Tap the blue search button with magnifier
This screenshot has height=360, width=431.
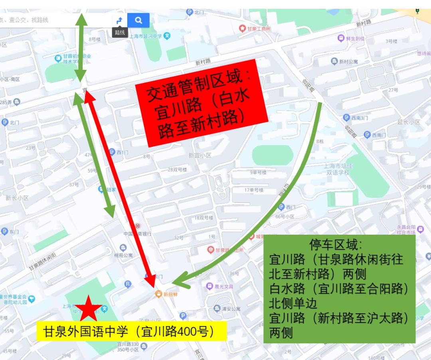point(138,20)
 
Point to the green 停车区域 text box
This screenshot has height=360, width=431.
point(339,289)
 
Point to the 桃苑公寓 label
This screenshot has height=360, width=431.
point(123,255)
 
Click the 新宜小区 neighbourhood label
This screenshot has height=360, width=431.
point(200,155)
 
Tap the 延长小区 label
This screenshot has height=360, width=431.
point(408,122)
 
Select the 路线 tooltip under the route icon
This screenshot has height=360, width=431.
point(120,32)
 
